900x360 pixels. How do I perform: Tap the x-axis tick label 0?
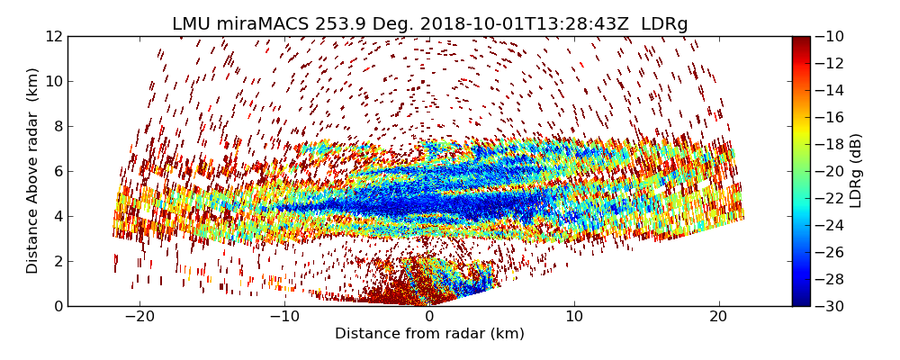[x=429, y=318]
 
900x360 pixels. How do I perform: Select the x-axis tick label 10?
[x=574, y=318]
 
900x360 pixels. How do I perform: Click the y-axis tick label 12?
[x=52, y=37]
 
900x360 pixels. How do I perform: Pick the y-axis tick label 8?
[x=57, y=127]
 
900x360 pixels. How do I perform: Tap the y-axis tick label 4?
[x=57, y=217]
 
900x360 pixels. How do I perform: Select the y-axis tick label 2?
[x=57, y=262]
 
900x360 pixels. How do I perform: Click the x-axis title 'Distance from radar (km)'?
[x=429, y=334]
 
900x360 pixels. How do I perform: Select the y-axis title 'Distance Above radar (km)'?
[x=33, y=170]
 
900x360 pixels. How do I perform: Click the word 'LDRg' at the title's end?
[x=664, y=24]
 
